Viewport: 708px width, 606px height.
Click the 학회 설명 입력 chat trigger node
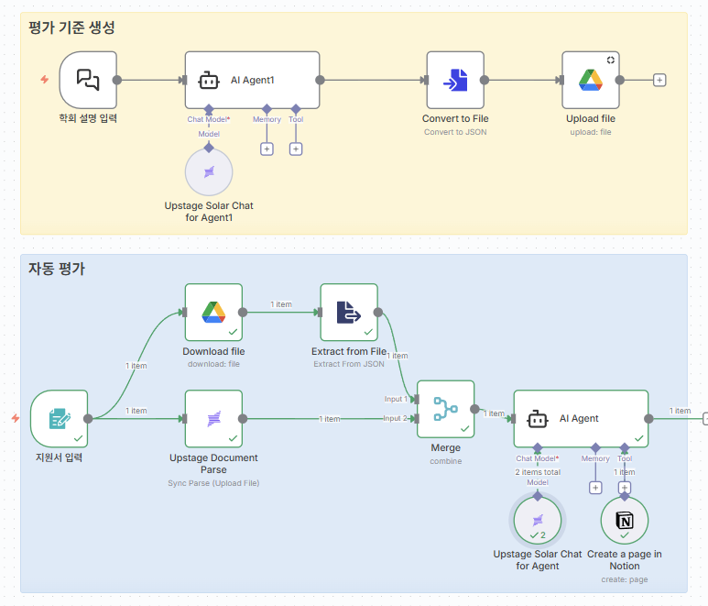point(88,80)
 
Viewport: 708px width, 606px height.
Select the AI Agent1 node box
point(252,80)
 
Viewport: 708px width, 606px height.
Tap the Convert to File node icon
point(455,80)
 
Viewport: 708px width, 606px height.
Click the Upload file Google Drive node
point(590,80)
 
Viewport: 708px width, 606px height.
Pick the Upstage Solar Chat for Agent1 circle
point(209,172)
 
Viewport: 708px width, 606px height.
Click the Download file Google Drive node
point(213,312)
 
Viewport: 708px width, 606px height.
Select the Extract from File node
point(349,312)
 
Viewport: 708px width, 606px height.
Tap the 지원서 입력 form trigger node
point(60,419)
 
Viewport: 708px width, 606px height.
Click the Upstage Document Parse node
point(213,419)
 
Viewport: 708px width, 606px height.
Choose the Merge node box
point(445,409)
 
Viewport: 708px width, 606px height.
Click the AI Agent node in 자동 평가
point(581,419)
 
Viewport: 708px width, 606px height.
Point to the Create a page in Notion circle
point(625,521)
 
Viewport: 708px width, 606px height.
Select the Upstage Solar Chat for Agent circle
point(538,521)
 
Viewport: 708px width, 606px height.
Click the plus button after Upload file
point(659,80)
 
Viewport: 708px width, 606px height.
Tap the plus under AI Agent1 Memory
point(267,149)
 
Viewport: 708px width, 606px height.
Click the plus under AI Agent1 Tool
point(296,149)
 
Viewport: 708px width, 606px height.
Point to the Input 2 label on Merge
point(396,418)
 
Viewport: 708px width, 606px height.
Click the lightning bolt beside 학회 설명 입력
point(44,80)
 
